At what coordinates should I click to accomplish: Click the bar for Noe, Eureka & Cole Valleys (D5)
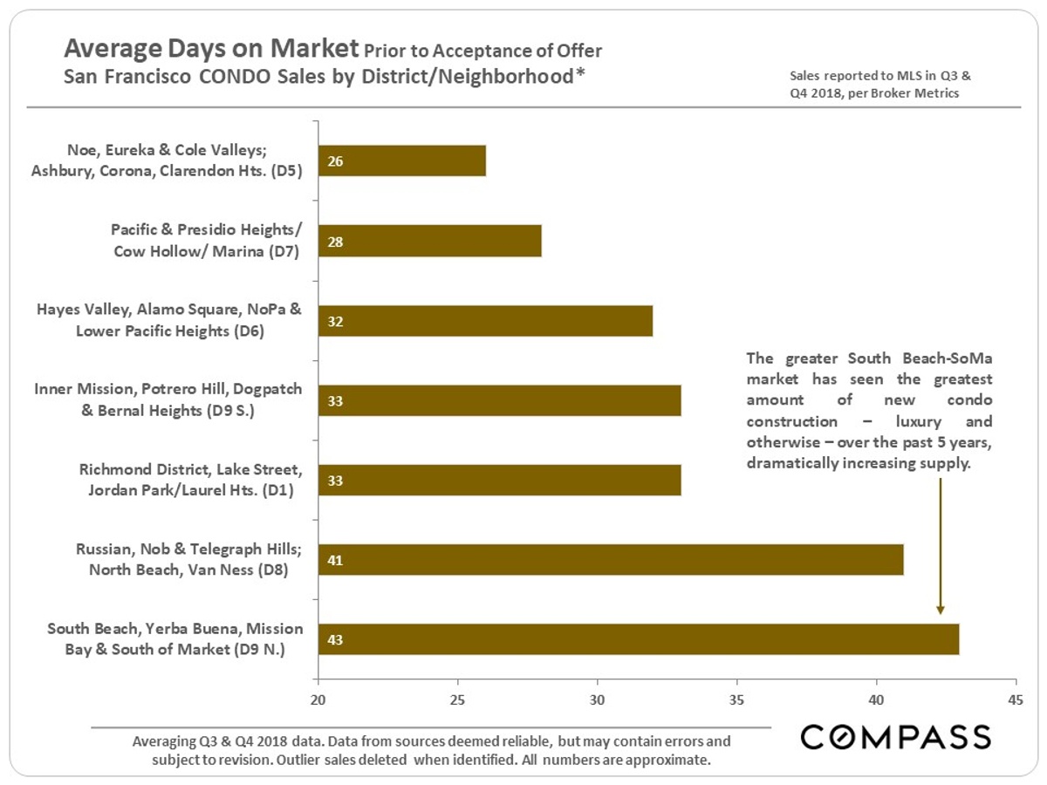(402, 161)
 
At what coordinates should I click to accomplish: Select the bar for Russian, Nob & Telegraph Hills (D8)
(611, 560)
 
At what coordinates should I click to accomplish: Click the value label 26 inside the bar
(335, 161)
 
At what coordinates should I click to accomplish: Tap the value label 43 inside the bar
(335, 639)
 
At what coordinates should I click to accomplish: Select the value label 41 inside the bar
(335, 560)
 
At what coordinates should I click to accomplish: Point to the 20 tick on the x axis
(318, 700)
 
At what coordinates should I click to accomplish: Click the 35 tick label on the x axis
(737, 700)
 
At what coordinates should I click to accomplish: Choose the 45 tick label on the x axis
(1016, 700)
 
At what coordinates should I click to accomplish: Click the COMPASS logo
(896, 737)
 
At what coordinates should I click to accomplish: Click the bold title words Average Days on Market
(212, 47)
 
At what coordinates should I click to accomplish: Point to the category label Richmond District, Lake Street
(190, 471)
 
